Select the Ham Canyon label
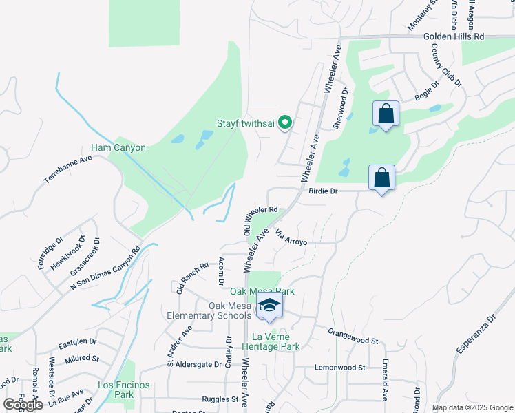click(118, 148)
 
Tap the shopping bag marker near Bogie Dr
click(386, 114)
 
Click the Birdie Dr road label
click(322, 192)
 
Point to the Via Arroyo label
click(291, 238)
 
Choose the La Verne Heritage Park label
click(275, 342)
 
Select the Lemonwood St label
click(339, 368)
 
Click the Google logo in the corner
click(23, 404)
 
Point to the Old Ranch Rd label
click(192, 277)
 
